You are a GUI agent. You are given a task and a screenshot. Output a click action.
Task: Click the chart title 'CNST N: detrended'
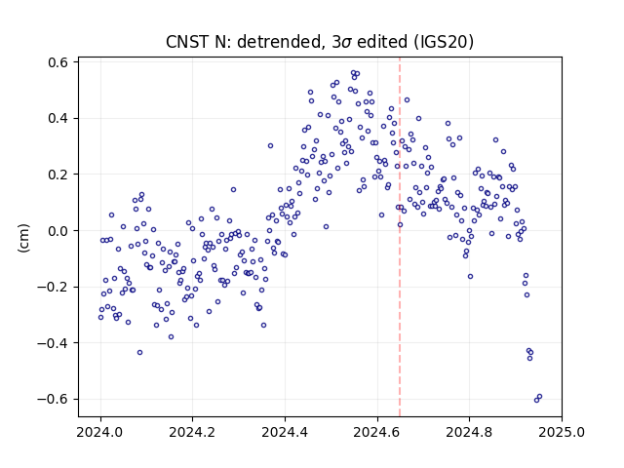click(x=244, y=42)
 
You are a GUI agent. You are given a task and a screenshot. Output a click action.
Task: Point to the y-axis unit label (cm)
click(x=23, y=238)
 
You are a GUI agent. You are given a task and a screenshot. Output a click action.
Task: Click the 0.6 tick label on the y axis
click(x=58, y=62)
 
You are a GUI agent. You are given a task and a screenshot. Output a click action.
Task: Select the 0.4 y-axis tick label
click(x=58, y=119)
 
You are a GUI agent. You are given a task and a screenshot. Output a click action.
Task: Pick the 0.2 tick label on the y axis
click(x=58, y=175)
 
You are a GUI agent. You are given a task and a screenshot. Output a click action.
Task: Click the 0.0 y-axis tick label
click(x=58, y=231)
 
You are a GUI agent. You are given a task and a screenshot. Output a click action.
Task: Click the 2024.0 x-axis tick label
click(x=99, y=432)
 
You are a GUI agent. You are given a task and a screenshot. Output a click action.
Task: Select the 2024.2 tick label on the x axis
click(x=192, y=432)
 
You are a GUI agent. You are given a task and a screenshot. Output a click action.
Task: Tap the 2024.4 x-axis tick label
click(x=285, y=432)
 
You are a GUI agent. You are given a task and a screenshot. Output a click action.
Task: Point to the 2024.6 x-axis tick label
click(x=377, y=432)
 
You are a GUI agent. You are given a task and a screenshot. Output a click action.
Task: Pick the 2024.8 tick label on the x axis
click(x=469, y=432)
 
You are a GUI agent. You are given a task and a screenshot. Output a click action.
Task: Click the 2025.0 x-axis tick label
click(x=562, y=432)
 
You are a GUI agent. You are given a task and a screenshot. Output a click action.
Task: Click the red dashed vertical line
click(x=400, y=237)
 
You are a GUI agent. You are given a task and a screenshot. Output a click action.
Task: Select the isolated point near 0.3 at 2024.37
click(x=270, y=145)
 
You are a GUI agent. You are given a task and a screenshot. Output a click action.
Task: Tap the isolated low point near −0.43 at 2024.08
click(x=139, y=352)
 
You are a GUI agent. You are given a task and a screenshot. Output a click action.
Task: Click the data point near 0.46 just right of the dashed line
click(x=407, y=99)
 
